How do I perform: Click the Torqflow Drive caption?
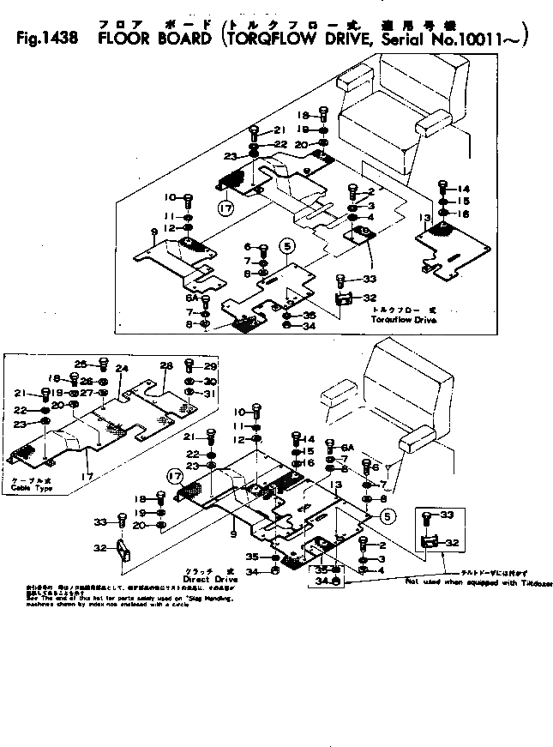point(403,318)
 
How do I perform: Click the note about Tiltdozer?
point(479,582)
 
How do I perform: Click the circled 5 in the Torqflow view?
point(287,246)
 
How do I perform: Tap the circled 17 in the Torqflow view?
point(225,208)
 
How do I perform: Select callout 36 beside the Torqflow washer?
point(310,315)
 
